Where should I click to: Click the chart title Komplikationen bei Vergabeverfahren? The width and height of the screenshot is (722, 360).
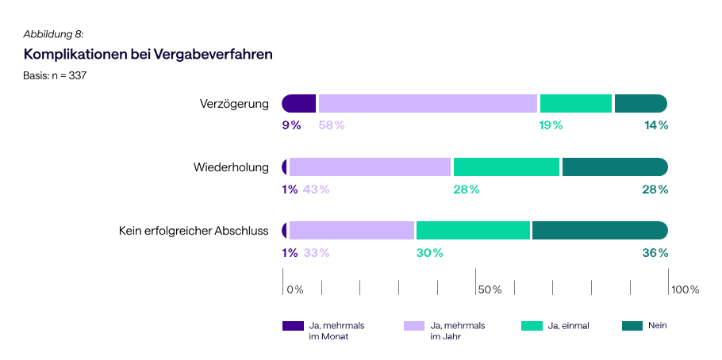(148, 55)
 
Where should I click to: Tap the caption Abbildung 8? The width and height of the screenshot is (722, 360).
(53, 33)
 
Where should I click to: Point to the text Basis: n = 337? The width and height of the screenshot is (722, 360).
(55, 76)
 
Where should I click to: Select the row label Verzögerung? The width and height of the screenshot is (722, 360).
(234, 104)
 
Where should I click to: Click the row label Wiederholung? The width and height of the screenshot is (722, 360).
(231, 167)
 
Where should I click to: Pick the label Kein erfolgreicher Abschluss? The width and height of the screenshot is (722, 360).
(194, 231)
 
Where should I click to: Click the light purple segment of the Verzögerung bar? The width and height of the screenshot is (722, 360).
(428, 104)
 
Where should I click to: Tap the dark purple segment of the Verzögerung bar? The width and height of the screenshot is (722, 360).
(299, 104)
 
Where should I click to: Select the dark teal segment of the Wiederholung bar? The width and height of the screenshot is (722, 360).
(614, 167)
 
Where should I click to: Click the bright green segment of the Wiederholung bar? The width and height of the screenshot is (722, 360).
(506, 167)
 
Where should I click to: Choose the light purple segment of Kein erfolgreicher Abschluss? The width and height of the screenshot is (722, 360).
(351, 231)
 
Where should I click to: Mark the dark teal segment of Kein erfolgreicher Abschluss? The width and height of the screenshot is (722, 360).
(599, 231)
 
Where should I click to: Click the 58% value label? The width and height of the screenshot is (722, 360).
(332, 125)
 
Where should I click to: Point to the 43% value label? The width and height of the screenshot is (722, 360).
(316, 190)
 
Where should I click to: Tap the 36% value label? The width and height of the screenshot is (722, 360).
(655, 253)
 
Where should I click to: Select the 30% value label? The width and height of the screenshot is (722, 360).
(429, 253)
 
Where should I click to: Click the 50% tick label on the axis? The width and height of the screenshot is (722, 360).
(490, 289)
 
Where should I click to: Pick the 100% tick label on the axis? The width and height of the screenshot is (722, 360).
(686, 289)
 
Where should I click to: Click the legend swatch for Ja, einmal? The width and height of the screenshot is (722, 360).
(532, 326)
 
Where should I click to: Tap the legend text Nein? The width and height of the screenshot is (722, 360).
(657, 325)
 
